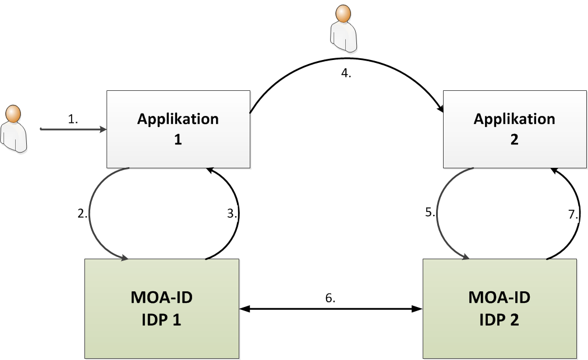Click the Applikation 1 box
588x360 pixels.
(x=178, y=129)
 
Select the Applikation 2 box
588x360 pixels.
(x=515, y=129)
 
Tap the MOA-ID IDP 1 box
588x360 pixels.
(x=162, y=308)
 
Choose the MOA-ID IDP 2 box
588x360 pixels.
(x=500, y=308)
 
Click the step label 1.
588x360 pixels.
(x=73, y=119)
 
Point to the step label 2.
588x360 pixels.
(x=82, y=213)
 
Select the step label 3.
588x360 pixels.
(x=233, y=213)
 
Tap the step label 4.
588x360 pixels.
(x=346, y=75)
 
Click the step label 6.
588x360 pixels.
(x=330, y=298)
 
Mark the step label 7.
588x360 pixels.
(x=573, y=214)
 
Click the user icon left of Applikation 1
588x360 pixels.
(x=14, y=128)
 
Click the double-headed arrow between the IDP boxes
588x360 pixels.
(x=331, y=308)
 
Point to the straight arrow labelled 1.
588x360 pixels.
(x=73, y=128)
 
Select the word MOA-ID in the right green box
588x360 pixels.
(x=500, y=298)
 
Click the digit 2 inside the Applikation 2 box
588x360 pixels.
(x=515, y=140)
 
